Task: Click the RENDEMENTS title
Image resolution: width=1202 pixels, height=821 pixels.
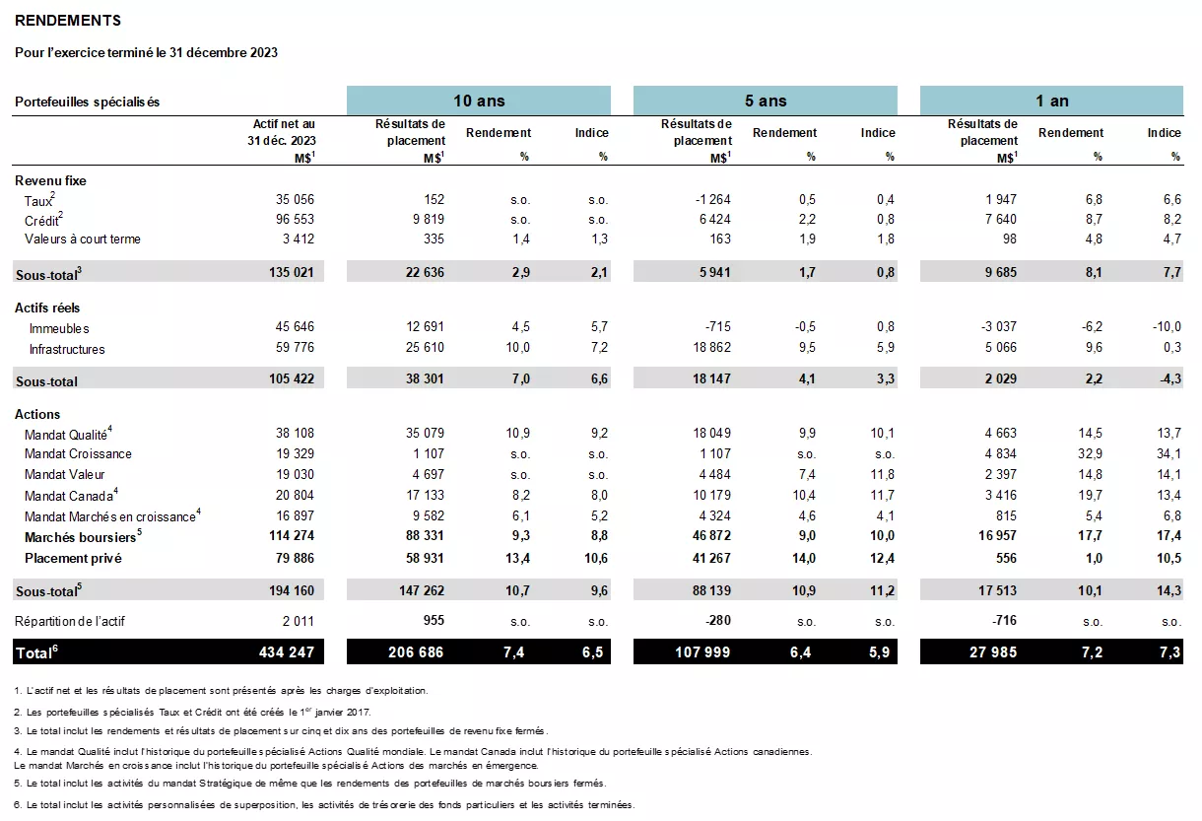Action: tap(68, 21)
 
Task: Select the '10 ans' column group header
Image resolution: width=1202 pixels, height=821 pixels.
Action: tap(478, 101)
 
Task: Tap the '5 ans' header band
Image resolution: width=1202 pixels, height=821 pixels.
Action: tap(765, 101)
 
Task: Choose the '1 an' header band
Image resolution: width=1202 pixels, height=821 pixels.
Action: tap(1051, 101)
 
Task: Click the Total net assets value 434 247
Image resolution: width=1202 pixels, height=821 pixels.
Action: tap(286, 652)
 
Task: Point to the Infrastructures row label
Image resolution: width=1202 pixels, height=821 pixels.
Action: tap(67, 349)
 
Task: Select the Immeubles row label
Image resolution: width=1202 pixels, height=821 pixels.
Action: tap(59, 328)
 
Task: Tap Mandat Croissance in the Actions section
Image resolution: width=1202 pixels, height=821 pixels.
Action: tap(78, 454)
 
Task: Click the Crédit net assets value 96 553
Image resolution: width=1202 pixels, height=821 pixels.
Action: tap(295, 219)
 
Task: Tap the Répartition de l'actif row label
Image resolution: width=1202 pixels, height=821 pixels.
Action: tap(70, 621)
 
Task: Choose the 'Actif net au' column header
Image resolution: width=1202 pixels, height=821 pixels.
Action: tap(284, 124)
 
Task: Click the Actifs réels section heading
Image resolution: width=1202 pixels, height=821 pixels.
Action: tap(47, 308)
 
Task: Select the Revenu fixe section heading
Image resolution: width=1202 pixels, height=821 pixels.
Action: tap(50, 180)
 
